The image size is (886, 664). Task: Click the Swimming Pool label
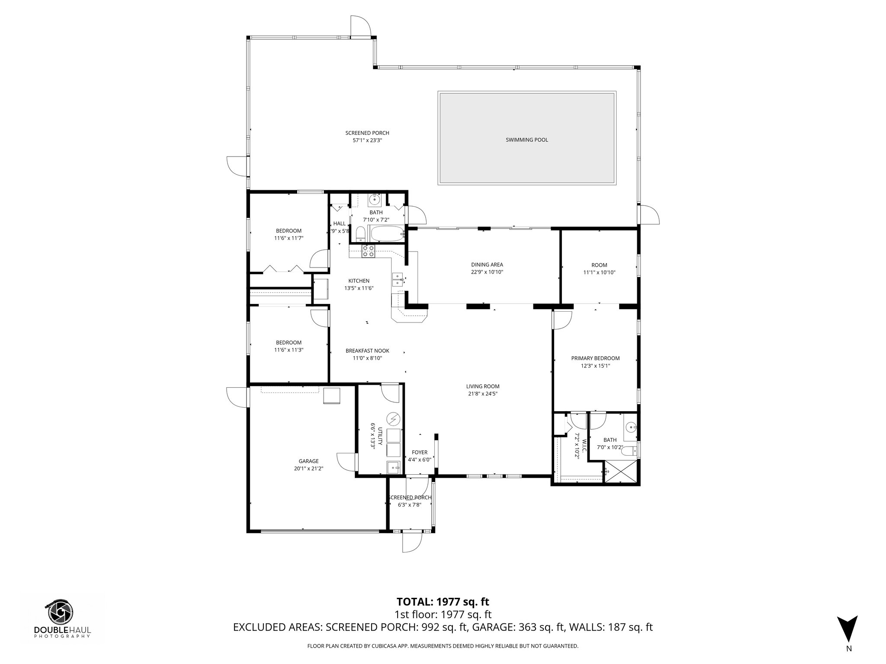[x=526, y=140]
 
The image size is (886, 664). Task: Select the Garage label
[x=308, y=461]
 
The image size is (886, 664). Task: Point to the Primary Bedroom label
[x=595, y=358]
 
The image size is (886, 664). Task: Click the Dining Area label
[x=487, y=265]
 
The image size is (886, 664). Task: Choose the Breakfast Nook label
[x=367, y=351]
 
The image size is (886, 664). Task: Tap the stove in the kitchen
[x=368, y=251]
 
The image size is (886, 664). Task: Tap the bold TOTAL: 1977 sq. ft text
[x=443, y=602]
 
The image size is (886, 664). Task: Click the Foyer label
[x=419, y=452]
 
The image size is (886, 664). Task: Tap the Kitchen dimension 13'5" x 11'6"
[x=359, y=288]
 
